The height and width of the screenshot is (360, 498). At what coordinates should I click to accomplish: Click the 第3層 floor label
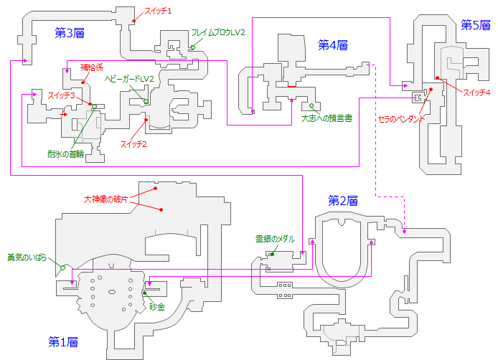coord(70,32)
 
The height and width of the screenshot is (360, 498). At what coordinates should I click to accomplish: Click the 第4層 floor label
coord(333,44)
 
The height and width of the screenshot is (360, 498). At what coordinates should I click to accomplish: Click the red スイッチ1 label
coord(159,10)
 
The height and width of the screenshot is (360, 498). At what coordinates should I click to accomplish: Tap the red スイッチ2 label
coord(134,145)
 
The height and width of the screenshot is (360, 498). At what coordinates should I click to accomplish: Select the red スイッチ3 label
coord(62,95)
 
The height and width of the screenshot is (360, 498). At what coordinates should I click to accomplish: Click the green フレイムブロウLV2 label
coord(218,32)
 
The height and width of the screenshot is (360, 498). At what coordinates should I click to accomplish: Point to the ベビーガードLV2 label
coord(130,78)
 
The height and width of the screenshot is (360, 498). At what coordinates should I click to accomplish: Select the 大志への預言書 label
coord(326,118)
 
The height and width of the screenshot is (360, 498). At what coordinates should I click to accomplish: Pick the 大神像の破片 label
coord(105,199)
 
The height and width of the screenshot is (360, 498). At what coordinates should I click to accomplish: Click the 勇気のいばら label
coord(27,257)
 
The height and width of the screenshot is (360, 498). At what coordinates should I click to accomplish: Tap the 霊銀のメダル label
coord(275,239)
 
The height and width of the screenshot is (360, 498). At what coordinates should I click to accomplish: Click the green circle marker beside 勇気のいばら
coord(63,267)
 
